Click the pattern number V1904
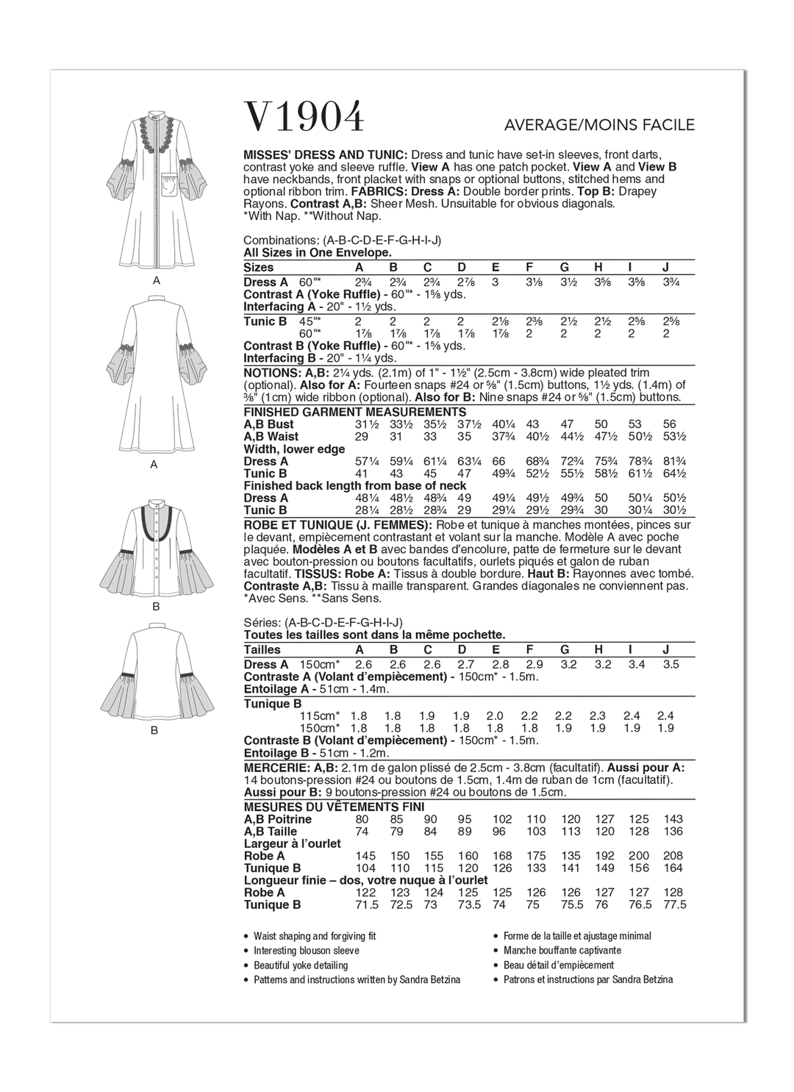[304, 117]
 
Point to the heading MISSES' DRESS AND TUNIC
[326, 155]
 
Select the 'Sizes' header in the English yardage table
[258, 268]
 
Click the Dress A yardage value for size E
[496, 282]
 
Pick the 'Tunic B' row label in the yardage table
[265, 322]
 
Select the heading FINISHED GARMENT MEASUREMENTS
[354, 412]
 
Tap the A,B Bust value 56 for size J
[669, 424]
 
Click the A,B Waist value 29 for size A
[361, 437]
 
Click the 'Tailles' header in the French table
[262, 649]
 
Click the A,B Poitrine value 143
[672, 819]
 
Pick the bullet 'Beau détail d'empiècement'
[558, 966]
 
